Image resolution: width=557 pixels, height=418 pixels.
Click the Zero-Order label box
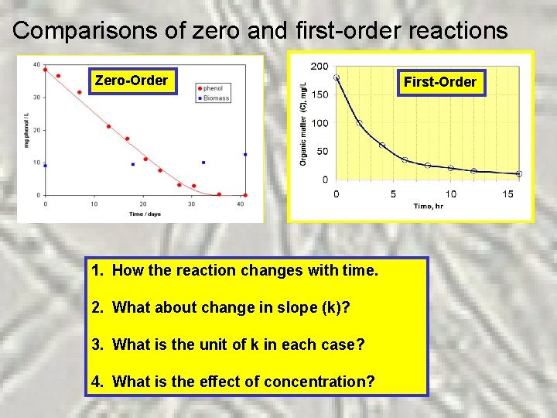coord(131,81)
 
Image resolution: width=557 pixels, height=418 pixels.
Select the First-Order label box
coord(440,82)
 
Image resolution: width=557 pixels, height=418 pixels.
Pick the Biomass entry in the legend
coord(214,98)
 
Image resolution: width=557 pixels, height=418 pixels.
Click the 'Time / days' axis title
coord(145,214)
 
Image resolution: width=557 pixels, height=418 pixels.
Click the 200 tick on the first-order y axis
coord(319,67)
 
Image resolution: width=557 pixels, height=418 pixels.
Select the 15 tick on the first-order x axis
coord(507,194)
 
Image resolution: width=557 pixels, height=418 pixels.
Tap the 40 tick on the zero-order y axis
coord(37,64)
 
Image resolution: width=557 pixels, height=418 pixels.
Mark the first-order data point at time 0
coord(337,77)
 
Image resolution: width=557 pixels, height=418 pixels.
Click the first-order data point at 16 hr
coord(519,174)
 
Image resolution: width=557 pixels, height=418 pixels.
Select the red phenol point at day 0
coord(45,70)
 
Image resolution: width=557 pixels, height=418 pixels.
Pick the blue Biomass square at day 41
coord(245,155)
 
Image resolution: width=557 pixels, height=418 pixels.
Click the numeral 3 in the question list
coord(95,344)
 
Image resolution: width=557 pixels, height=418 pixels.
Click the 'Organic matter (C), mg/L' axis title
coord(303,124)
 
